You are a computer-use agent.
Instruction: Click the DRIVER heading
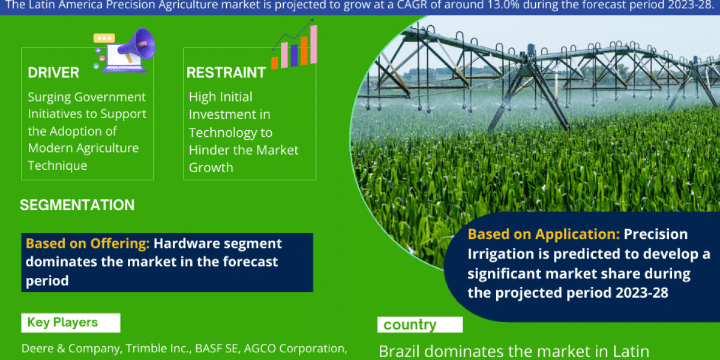(53, 73)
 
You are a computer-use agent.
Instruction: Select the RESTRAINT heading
(226, 73)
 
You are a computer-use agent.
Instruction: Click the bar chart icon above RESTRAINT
(294, 47)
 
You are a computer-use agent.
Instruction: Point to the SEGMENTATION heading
(77, 205)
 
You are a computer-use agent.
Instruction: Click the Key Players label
(62, 323)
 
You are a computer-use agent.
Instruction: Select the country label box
(419, 325)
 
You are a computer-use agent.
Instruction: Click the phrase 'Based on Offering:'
(88, 244)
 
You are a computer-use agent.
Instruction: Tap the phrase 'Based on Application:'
(544, 234)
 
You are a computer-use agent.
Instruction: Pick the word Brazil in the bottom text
(400, 350)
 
